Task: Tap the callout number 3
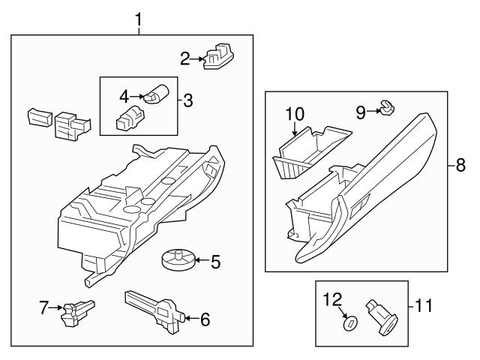(x=187, y=98)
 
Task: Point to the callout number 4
(x=125, y=95)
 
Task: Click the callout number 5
(x=214, y=262)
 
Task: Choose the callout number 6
(x=204, y=319)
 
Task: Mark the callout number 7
(x=44, y=307)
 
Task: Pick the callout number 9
(x=360, y=112)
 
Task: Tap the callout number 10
(x=295, y=115)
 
